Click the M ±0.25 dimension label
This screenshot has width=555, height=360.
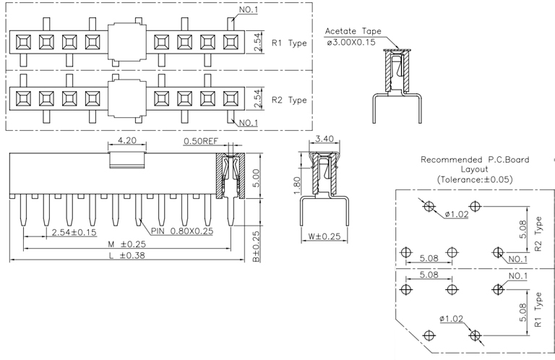(124, 244)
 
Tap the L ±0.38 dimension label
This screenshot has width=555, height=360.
(124, 256)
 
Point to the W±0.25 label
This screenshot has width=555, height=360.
(322, 236)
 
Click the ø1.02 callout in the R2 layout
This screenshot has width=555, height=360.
(457, 214)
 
